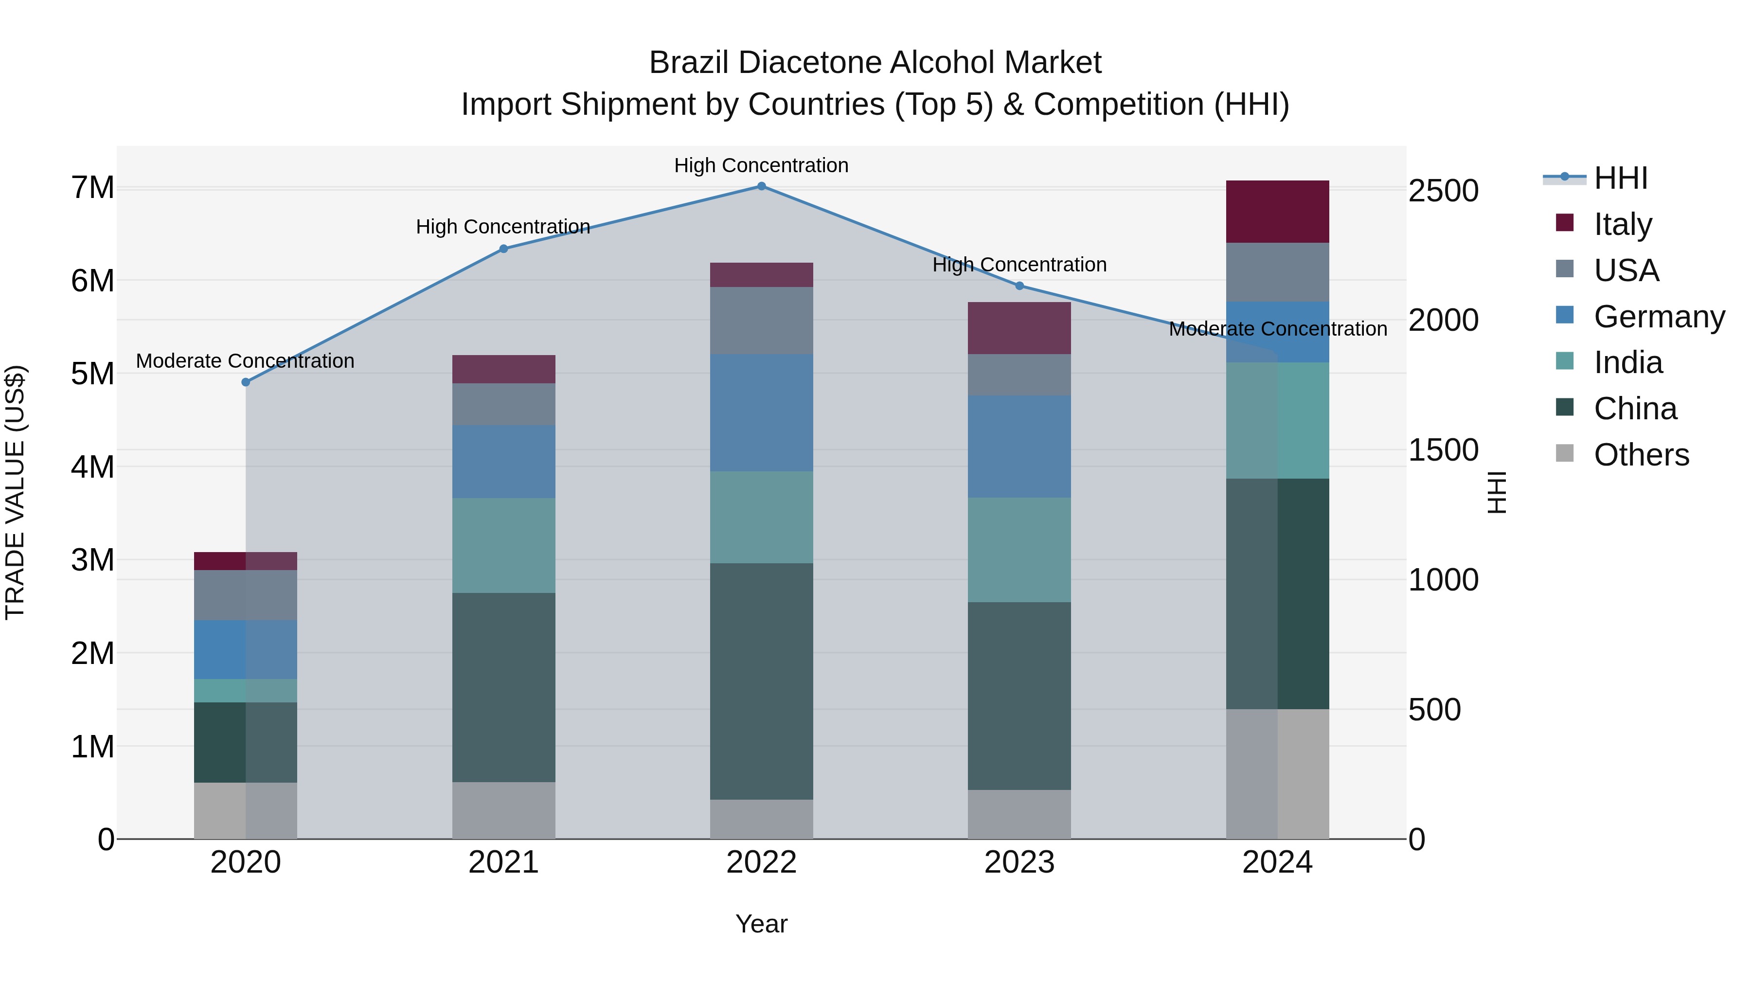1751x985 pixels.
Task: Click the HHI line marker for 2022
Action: click(x=761, y=186)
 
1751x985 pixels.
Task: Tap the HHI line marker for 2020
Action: click(x=246, y=382)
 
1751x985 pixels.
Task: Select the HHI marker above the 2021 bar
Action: click(x=504, y=249)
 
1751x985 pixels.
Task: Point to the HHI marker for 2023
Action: click(x=1019, y=286)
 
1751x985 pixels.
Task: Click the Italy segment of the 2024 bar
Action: click(x=1277, y=212)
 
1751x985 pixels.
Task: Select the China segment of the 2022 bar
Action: click(x=761, y=681)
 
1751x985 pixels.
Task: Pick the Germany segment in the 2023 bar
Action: click(x=1019, y=446)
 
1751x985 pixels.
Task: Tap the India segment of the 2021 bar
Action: click(x=504, y=545)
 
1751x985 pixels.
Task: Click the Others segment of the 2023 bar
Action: click(x=1019, y=814)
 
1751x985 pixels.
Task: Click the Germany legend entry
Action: click(x=1659, y=317)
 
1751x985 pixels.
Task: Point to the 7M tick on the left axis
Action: click(x=92, y=188)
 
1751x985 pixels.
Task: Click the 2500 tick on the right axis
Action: click(x=1443, y=191)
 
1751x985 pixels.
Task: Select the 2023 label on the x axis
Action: click(x=1019, y=862)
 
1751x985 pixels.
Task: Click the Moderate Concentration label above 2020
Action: click(x=246, y=361)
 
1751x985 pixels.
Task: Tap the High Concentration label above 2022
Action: click(x=761, y=165)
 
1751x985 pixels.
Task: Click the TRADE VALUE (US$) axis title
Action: click(x=15, y=492)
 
